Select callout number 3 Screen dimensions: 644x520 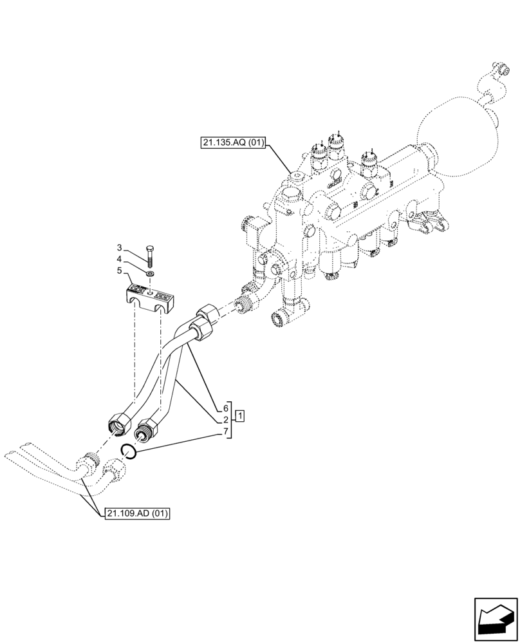[x=120, y=248]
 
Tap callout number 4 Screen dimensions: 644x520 [x=120, y=260]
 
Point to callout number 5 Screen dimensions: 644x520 [x=120, y=271]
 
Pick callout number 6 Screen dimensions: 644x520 [x=226, y=408]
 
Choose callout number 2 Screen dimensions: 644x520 [x=226, y=420]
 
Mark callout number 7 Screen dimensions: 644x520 [x=226, y=431]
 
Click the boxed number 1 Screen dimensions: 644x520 [x=239, y=415]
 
